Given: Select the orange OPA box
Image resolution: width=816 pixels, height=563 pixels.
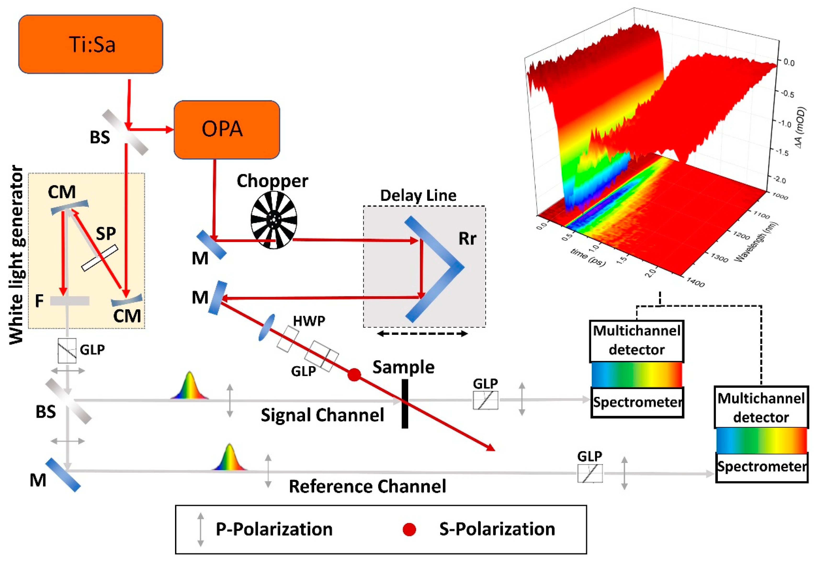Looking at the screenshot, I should point(227,129).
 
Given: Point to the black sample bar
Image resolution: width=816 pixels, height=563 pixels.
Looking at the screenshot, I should point(405,404).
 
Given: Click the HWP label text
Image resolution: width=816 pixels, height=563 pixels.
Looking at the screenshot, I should point(309,321).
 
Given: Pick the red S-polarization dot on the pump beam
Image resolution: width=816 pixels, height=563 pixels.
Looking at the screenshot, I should point(354,375).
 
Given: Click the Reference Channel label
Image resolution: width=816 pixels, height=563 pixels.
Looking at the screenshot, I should point(367,486).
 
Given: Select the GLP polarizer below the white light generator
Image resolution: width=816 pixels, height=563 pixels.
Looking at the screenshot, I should point(67,351).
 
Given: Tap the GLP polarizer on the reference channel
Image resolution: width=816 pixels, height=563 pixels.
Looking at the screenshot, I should point(590,473).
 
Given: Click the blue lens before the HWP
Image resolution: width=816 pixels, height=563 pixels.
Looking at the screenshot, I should point(266,328).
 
